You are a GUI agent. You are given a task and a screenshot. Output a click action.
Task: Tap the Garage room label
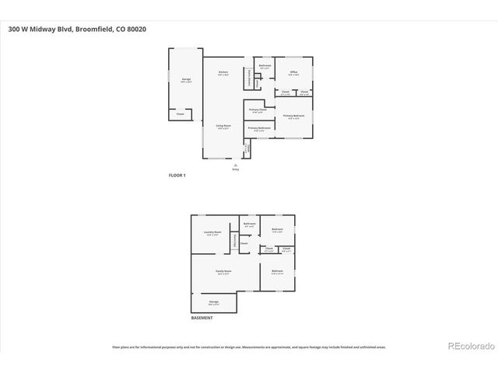[x=186, y=79]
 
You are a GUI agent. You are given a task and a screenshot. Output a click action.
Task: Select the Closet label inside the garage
[x=181, y=114]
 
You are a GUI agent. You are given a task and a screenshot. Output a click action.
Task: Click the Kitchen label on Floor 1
[x=223, y=72]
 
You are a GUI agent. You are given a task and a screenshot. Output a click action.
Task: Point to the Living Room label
[x=223, y=126]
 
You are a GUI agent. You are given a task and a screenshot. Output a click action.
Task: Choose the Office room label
[x=293, y=72]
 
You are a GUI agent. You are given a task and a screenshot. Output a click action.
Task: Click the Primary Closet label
[x=255, y=110]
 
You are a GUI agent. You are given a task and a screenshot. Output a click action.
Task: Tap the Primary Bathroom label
[x=259, y=129]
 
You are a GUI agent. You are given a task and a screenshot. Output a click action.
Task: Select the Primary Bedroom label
[x=293, y=116]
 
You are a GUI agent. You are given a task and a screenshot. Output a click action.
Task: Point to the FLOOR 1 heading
[x=177, y=176]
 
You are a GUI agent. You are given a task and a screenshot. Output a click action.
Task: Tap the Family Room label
[x=224, y=272]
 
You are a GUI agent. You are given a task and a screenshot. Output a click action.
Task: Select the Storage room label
[x=213, y=302]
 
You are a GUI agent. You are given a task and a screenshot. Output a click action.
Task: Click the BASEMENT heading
[x=202, y=318]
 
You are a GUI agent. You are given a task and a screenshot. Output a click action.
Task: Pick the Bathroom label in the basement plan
[x=249, y=225]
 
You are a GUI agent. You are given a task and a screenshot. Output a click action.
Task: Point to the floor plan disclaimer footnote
[x=248, y=347]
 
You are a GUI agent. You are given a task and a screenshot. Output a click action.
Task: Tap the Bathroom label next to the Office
[x=265, y=66]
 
